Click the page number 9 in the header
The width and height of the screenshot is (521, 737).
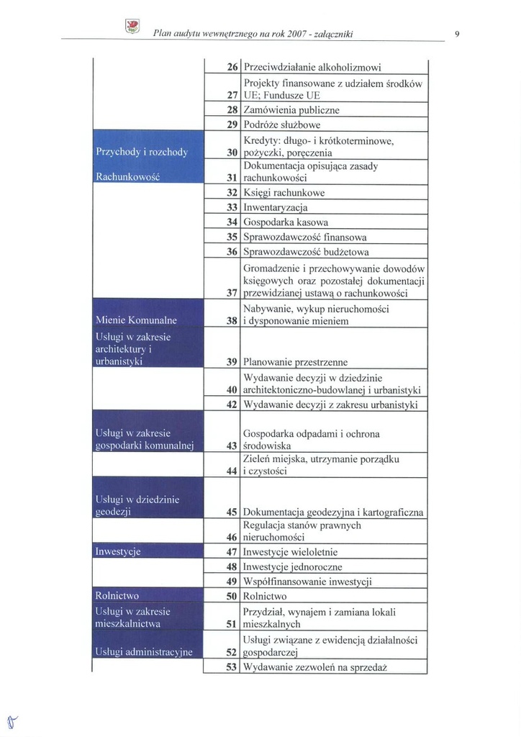click(458, 33)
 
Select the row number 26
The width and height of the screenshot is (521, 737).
click(232, 67)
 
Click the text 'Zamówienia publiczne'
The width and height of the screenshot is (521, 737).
click(291, 110)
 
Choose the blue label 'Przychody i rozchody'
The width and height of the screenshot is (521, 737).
click(142, 152)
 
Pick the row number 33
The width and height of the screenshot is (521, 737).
click(232, 207)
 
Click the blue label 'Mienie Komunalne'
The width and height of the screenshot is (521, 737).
click(136, 320)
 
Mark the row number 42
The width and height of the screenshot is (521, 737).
click(232, 404)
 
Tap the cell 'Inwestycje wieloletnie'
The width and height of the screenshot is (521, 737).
click(290, 552)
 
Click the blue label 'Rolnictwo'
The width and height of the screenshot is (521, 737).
click(117, 596)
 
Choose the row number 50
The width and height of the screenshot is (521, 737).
click(232, 596)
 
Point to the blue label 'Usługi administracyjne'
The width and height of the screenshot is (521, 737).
click(144, 652)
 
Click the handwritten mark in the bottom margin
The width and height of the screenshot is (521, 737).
click(11, 720)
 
